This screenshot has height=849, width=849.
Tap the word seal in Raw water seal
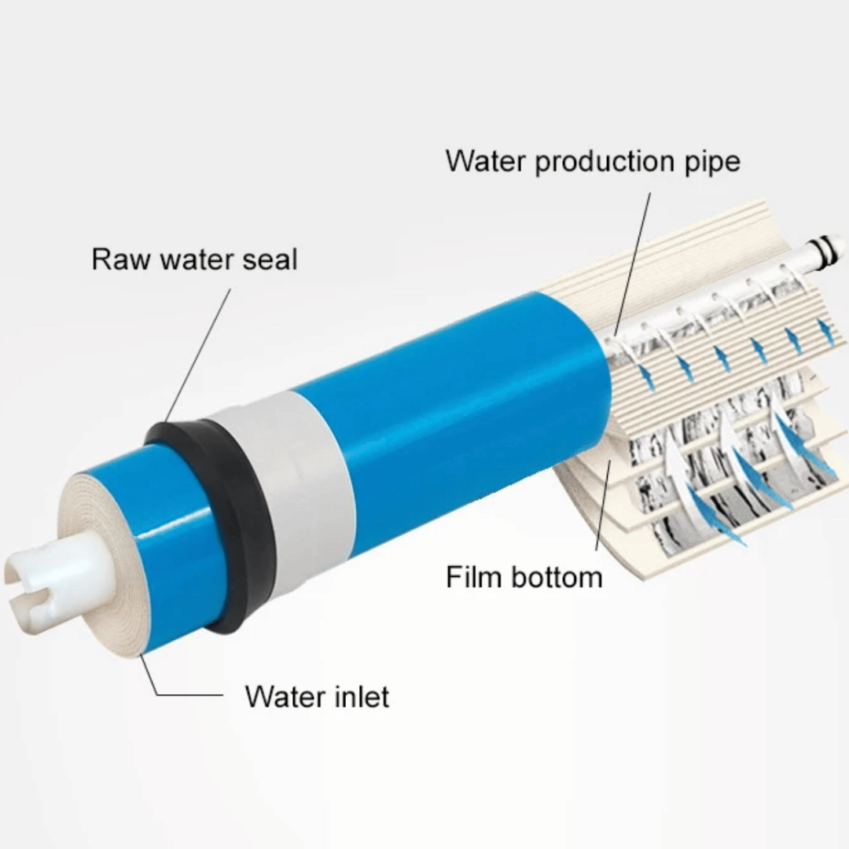(270, 259)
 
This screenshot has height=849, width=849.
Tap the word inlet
(361, 696)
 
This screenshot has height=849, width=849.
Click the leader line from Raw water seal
(197, 355)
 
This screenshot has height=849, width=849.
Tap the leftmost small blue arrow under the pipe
(646, 377)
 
